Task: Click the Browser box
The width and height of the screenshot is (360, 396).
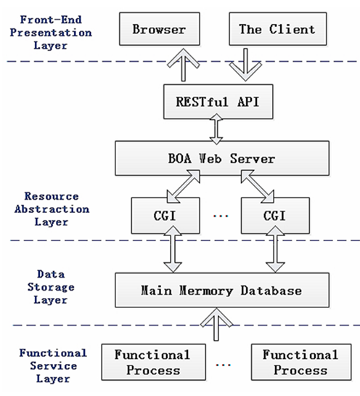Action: (160, 29)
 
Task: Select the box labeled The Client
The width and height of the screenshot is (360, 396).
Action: (278, 29)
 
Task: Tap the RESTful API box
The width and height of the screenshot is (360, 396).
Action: (218, 102)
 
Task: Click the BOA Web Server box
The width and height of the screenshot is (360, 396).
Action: (222, 158)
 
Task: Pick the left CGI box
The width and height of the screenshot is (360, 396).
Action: (165, 215)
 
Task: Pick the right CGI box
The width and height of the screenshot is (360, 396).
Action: (275, 215)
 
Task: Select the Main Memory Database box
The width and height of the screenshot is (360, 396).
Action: (222, 290)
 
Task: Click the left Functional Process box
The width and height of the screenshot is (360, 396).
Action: (153, 362)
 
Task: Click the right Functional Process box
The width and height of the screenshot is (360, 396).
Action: (301, 362)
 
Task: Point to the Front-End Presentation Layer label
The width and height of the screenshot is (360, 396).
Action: (51, 33)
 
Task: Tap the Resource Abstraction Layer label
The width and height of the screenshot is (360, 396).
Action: (52, 209)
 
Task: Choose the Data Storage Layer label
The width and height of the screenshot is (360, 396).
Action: (51, 287)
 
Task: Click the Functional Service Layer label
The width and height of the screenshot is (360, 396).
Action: (53, 365)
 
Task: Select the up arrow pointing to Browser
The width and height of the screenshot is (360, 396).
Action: (184, 65)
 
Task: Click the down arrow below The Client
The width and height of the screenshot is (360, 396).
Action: (245, 65)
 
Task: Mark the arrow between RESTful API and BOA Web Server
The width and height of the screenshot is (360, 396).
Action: (216, 129)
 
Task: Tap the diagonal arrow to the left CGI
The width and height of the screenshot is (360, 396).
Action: (184, 187)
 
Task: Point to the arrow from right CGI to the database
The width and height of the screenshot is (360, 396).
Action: (275, 249)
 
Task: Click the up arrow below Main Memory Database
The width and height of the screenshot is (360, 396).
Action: (216, 325)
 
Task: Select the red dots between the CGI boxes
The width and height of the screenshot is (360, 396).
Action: (221, 216)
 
